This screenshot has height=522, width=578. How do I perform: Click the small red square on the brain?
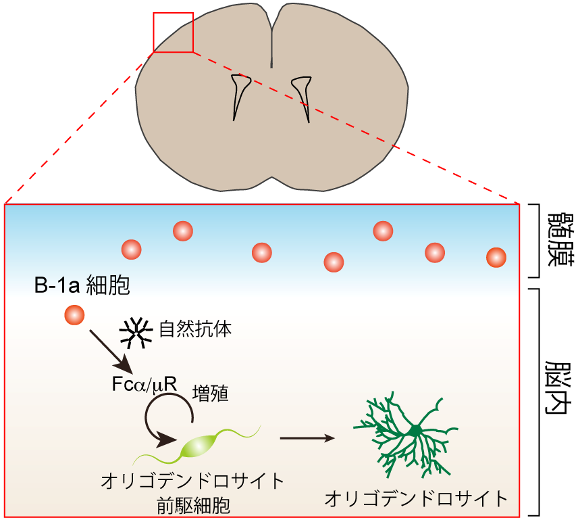coord(174,32)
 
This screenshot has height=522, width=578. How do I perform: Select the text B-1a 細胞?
coord(82,286)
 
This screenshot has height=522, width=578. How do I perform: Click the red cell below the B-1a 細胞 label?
coord(75,314)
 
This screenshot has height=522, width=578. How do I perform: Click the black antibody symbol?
coord(136,332)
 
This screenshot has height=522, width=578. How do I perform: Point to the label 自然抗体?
coord(196,331)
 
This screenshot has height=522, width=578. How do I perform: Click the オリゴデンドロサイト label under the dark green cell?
coord(416,499)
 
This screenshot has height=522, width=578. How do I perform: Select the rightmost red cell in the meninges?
coord(496,257)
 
